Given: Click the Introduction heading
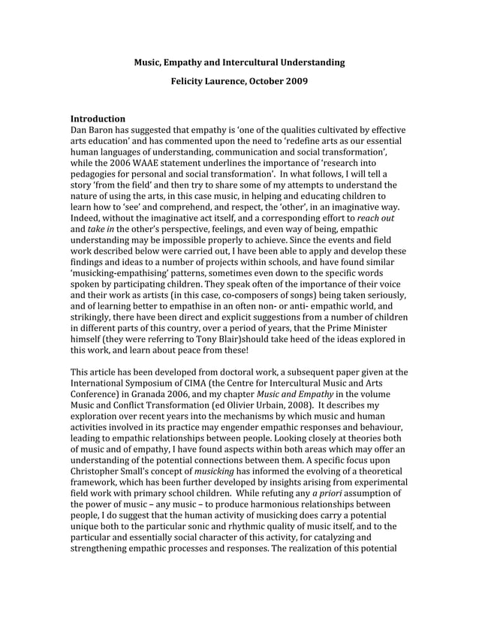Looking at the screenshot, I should tap(98, 119).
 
